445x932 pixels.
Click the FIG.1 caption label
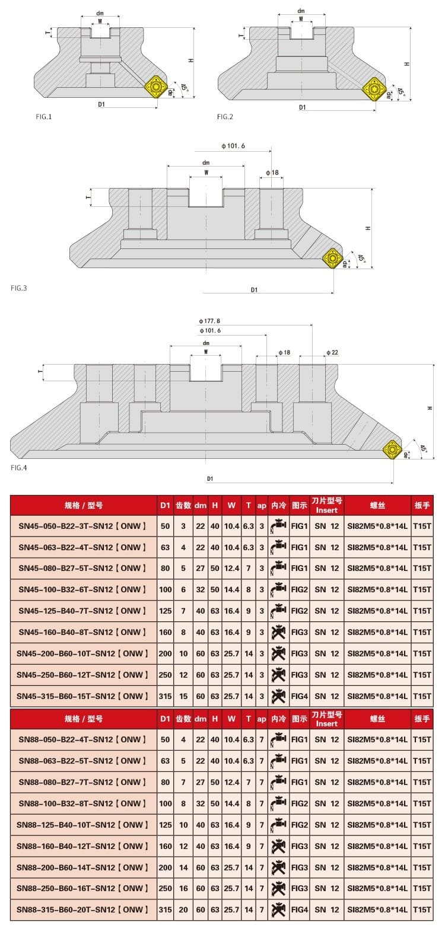click(44, 117)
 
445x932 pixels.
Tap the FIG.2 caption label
click(225, 117)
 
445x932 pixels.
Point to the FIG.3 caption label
click(19, 288)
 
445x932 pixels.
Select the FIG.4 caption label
click(19, 468)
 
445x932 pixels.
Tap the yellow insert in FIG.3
click(332, 258)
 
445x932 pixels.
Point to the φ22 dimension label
click(332, 353)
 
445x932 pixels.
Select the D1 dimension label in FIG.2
click(302, 107)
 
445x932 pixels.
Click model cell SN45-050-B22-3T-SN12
click(82, 525)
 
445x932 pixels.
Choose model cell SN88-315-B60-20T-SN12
click(82, 909)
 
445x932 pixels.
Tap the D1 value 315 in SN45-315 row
click(165, 696)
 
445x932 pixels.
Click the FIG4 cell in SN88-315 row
click(299, 909)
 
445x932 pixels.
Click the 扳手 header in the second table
click(422, 719)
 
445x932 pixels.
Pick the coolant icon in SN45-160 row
click(278, 632)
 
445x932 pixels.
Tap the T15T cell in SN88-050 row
click(422, 739)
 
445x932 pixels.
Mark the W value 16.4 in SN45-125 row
click(231, 611)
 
